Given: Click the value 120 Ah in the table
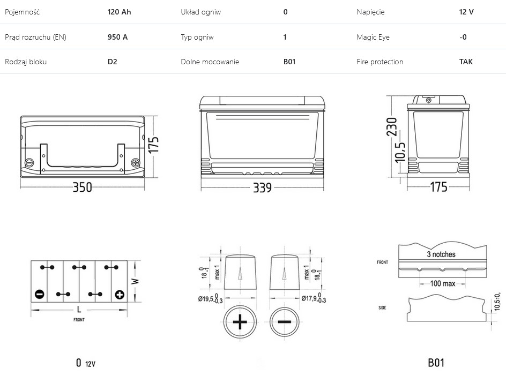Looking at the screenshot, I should coord(119,12).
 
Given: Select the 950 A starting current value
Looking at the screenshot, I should coord(117,37).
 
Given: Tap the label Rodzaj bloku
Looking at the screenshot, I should coord(26,62).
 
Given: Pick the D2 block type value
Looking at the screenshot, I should coord(113,62).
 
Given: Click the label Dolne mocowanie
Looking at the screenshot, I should coord(210,62).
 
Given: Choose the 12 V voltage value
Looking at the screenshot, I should coord(466,12).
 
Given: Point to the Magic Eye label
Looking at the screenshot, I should coord(373,37).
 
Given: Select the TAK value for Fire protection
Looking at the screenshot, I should coord(466,62).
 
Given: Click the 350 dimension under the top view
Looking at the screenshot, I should coord(82,187).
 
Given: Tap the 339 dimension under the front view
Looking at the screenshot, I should coord(262,187).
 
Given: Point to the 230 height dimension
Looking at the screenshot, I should coord(392,127).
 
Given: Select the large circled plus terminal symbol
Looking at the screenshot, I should coord(240,322).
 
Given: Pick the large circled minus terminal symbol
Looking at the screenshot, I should coord(285,322).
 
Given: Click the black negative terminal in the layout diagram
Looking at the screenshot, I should coord(39,294).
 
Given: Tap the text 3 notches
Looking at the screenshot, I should coord(441,254).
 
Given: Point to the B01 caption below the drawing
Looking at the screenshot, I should coord(436,363).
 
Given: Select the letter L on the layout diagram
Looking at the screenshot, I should coord(79,310).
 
